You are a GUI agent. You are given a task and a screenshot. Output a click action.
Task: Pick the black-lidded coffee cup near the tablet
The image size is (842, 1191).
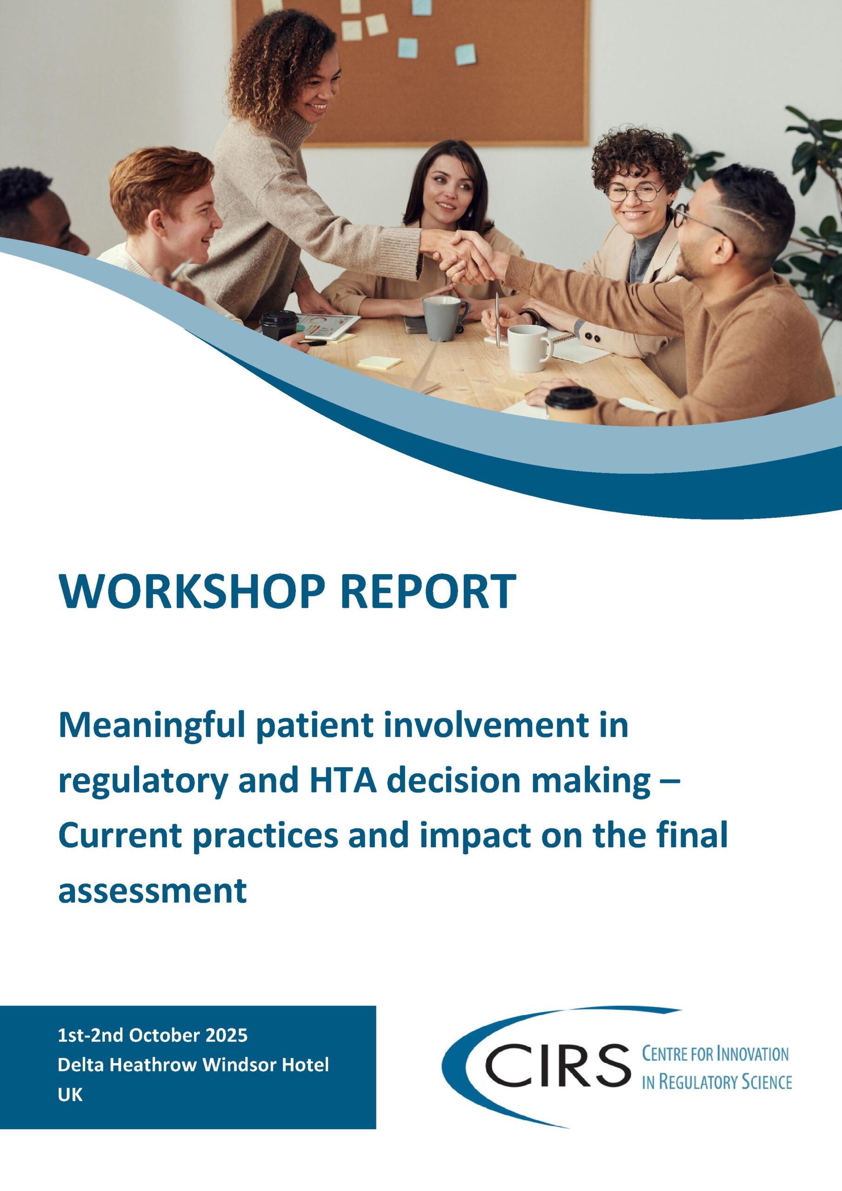(279, 325)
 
